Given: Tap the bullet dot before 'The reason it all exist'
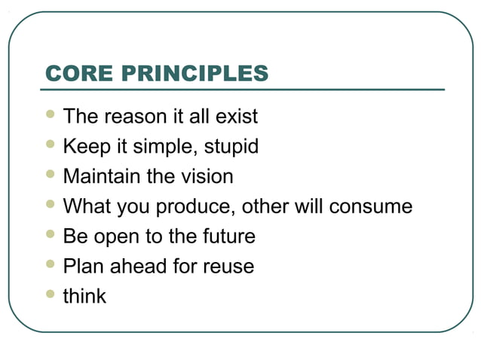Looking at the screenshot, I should (x=51, y=115).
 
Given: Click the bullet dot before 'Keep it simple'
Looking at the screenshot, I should (x=51, y=145).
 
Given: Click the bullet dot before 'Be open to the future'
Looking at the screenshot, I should (x=51, y=235).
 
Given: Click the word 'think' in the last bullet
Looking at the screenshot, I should (x=84, y=296).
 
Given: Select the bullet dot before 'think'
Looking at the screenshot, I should (x=51, y=294).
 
